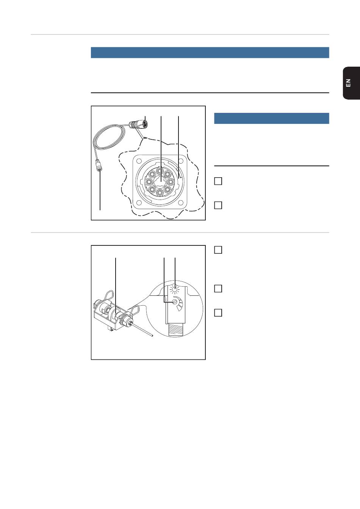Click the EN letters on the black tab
tap(348, 83)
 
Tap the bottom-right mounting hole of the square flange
tap(181, 203)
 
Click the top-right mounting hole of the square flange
tap(181, 161)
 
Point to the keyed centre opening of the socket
tap(160, 181)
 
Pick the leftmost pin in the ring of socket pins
tap(149, 182)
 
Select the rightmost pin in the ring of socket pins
tap(171, 182)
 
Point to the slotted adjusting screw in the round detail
tap(174, 302)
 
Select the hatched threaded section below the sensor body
tap(175, 330)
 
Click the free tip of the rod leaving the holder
tap(152, 336)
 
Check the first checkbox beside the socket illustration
tap(218, 181)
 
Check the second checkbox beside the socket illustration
tap(218, 205)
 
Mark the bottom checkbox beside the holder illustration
tap(218, 313)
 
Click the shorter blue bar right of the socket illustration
tap(272, 119)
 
